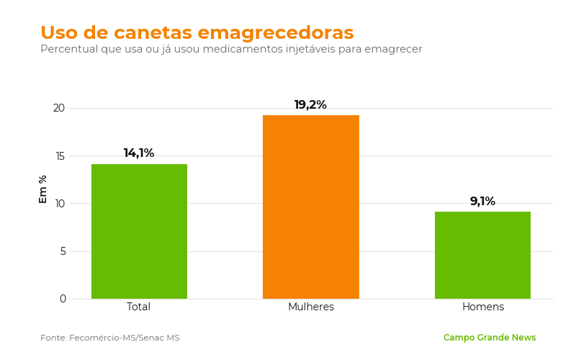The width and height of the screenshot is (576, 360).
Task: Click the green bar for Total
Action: [x=139, y=231]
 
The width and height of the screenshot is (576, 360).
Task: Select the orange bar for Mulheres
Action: [x=311, y=207]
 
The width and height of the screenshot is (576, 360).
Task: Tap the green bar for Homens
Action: [x=482, y=256]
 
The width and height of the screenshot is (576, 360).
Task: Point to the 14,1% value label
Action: [x=139, y=153]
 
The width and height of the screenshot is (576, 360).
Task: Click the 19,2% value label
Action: [x=310, y=104]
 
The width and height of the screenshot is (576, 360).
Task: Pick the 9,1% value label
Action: [x=482, y=201]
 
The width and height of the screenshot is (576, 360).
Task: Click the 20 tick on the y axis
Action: [x=59, y=108]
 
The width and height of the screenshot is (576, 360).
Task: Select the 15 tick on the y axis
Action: [x=60, y=156]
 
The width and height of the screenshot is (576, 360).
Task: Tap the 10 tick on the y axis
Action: [x=60, y=204]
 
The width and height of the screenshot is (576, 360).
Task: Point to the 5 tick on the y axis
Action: [x=63, y=251]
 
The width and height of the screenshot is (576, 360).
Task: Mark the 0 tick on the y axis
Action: [x=63, y=299]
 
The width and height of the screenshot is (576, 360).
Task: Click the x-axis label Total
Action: [x=138, y=307]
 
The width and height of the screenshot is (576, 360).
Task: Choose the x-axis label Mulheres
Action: [x=311, y=307]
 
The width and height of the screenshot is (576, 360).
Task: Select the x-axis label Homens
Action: [x=483, y=307]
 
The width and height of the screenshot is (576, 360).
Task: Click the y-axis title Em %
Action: [x=43, y=189]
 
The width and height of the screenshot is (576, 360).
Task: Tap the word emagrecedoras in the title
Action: [x=276, y=32]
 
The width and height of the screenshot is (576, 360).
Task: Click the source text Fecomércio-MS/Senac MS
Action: [x=124, y=338]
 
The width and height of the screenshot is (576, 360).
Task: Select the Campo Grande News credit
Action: [x=490, y=338]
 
